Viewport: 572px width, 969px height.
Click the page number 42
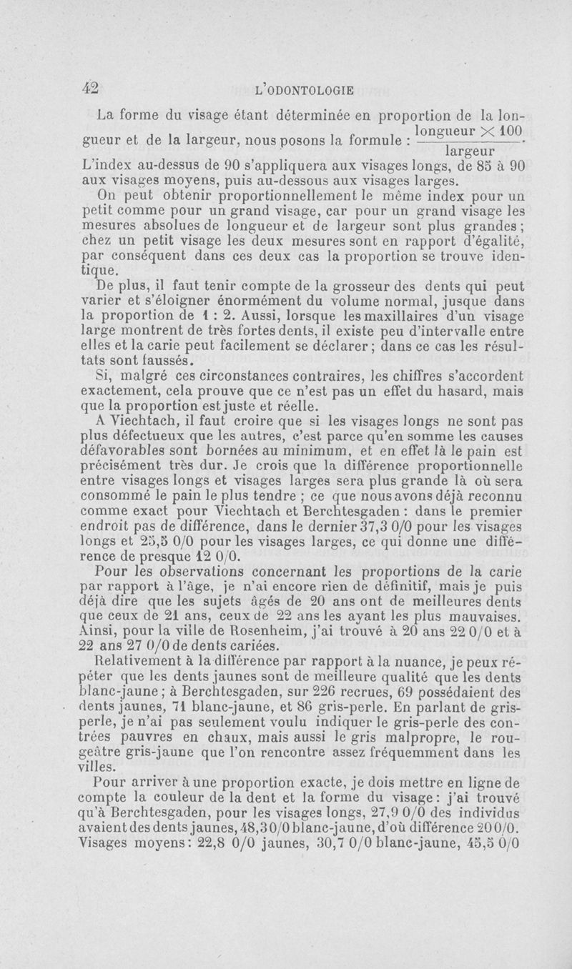tap(90, 87)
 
